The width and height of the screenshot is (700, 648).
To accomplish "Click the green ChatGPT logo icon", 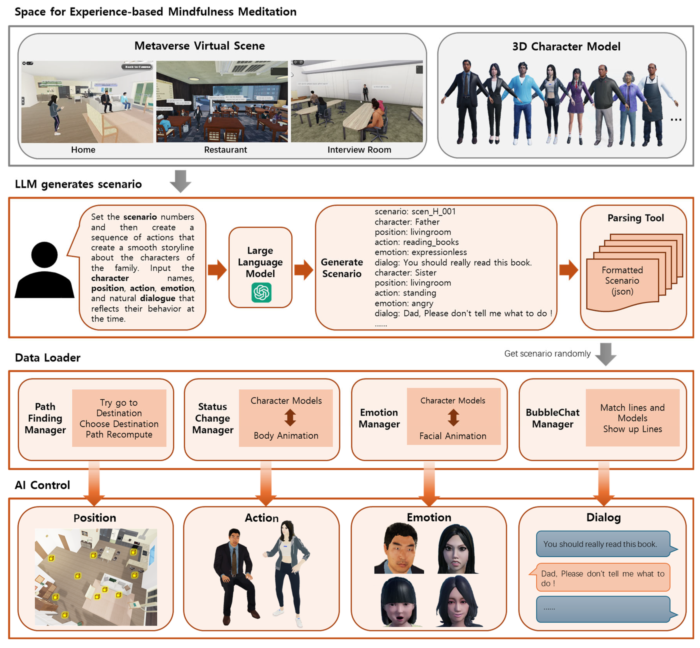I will pos(261,293).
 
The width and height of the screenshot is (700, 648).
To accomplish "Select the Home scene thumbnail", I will pos(87,102).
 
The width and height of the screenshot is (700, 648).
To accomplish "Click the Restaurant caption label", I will pos(225,150).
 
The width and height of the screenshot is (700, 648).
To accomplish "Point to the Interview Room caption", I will pos(359,150).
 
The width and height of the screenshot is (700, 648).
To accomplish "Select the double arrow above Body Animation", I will pos(290,418).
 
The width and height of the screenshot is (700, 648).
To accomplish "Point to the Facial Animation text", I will pos(453,436).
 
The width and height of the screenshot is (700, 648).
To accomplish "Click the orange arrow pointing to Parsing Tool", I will pos(568,270).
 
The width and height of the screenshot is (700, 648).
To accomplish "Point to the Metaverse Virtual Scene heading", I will pos(199,46).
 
